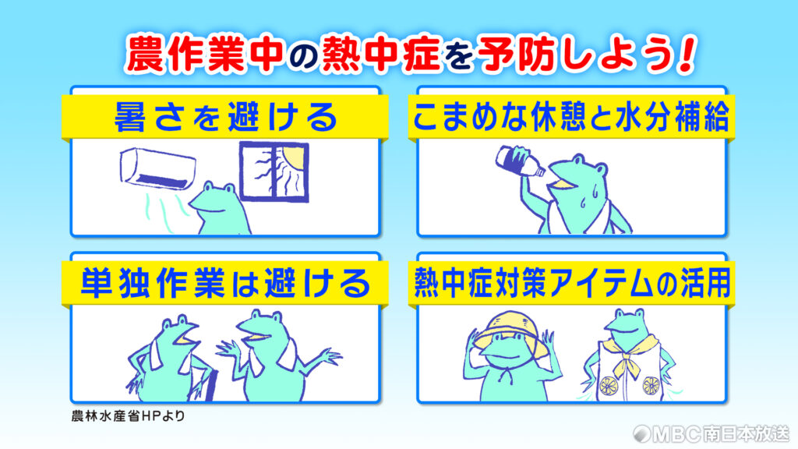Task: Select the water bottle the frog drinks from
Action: pyautogui.click(x=520, y=162)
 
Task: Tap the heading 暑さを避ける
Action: pyautogui.click(x=225, y=117)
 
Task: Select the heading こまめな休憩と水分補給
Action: pyautogui.click(x=571, y=117)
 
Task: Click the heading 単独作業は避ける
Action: pyautogui.click(x=225, y=283)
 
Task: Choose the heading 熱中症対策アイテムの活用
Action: pyautogui.click(x=572, y=283)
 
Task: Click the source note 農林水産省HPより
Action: pyautogui.click(x=128, y=416)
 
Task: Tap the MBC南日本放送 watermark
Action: pyautogui.click(x=711, y=433)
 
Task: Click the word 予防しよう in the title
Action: pyautogui.click(x=575, y=53)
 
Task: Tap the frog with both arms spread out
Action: pyautogui.click(x=277, y=355)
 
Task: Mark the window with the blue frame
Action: pyautogui.click(x=274, y=171)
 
